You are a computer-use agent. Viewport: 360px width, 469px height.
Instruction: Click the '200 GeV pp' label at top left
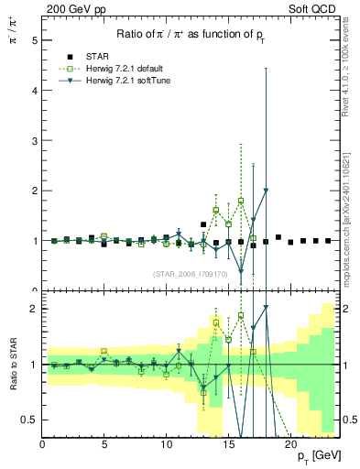point(71,7)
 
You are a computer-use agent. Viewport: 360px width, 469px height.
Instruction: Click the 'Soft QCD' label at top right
point(317,7)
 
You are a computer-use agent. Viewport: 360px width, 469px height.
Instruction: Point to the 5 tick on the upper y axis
point(34,41)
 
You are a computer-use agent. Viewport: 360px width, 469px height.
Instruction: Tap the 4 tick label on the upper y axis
point(34,91)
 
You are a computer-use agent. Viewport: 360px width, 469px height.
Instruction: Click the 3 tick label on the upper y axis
point(34,141)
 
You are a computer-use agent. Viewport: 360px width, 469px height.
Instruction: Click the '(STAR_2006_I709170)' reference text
point(189,274)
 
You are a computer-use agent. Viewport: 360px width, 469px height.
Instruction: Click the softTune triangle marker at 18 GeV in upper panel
point(266,191)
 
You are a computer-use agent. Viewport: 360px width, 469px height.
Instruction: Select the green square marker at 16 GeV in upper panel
point(241,201)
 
